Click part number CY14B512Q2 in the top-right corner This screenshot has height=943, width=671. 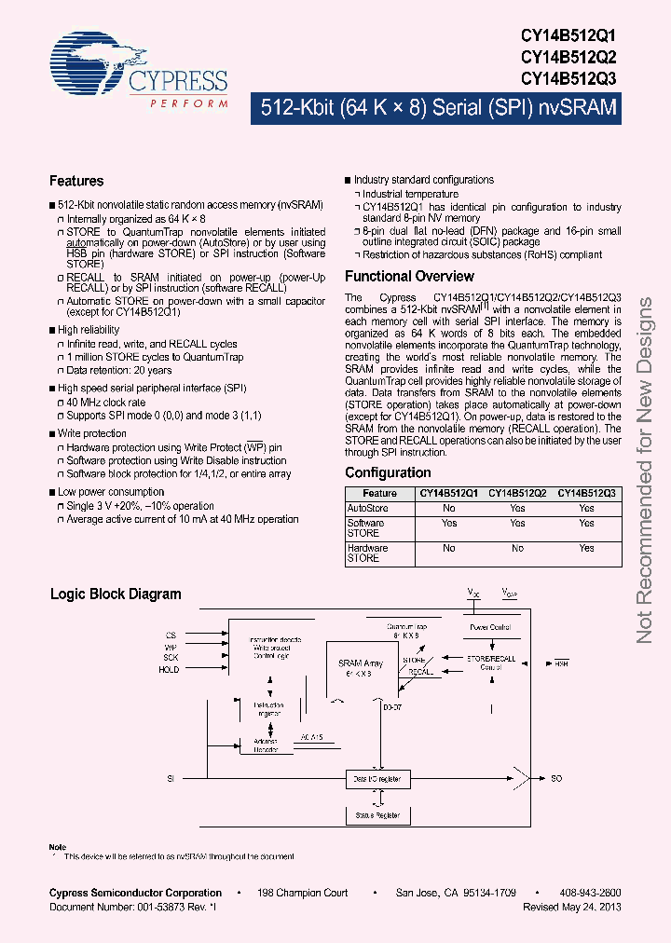click(x=568, y=56)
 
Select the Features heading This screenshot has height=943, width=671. click(x=76, y=181)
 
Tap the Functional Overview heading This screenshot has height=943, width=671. click(x=409, y=276)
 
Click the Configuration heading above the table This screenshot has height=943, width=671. click(x=388, y=472)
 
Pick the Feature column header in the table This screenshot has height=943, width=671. click(x=379, y=493)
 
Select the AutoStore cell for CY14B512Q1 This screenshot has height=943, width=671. click(x=449, y=509)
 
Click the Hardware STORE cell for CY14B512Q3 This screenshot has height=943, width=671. click(x=586, y=549)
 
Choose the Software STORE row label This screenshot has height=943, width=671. click(x=365, y=528)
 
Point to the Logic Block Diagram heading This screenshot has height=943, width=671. click(x=116, y=594)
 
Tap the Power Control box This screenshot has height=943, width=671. click(x=490, y=628)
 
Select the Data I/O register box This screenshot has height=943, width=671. click(x=377, y=777)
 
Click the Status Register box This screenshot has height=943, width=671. click(x=377, y=814)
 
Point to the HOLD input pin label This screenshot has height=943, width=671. click(x=169, y=670)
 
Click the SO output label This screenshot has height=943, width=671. click(x=556, y=777)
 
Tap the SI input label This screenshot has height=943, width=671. click(x=171, y=777)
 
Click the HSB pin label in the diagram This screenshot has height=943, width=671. click(x=561, y=663)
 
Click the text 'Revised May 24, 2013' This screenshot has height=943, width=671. click(x=572, y=907)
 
